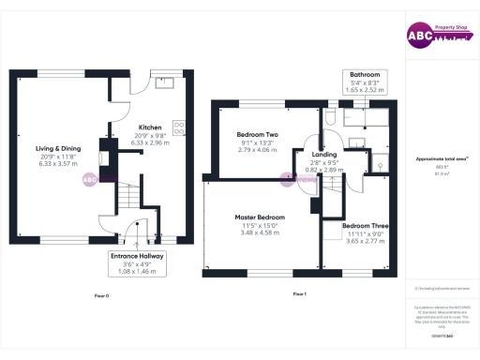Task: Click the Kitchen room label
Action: click(x=150, y=127)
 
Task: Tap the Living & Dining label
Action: click(x=59, y=148)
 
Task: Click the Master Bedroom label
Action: click(x=260, y=217)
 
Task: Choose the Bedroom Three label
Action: click(x=361, y=226)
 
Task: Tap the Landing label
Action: click(x=324, y=154)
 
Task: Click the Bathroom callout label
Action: click(x=365, y=74)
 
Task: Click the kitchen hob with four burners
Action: click(x=179, y=131)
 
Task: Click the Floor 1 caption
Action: click(x=300, y=295)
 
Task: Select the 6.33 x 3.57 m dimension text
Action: click(x=59, y=163)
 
